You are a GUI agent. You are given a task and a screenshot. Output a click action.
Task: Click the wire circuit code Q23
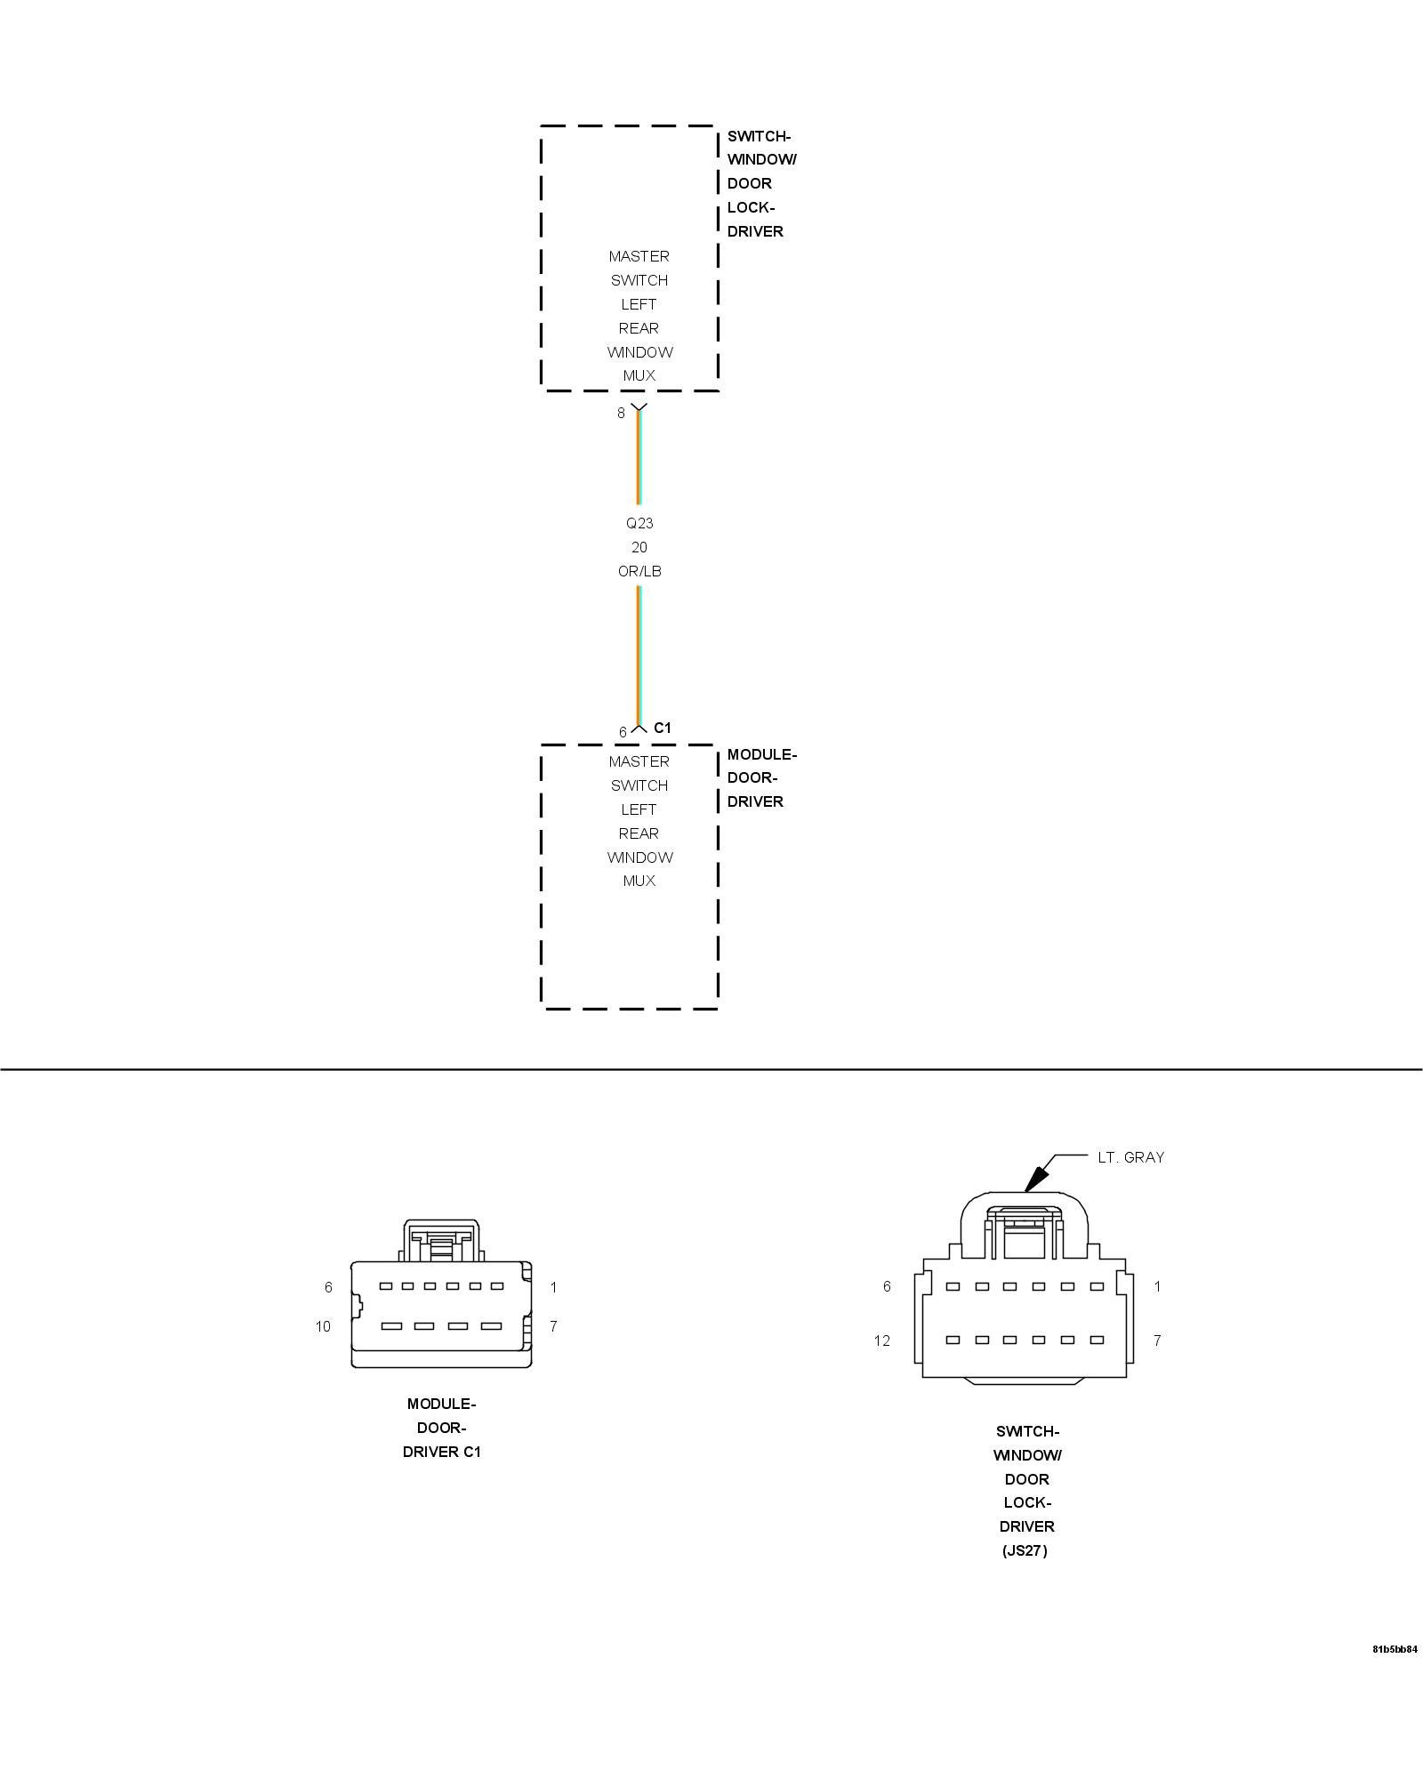pyautogui.click(x=639, y=523)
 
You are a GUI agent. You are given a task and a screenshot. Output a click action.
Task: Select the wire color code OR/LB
pyautogui.click(x=639, y=571)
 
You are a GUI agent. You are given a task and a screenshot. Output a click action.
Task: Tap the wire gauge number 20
pyautogui.click(x=639, y=547)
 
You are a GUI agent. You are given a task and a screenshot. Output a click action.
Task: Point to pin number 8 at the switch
pyautogui.click(x=622, y=413)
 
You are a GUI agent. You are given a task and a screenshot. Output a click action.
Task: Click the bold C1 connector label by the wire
pyautogui.click(x=663, y=728)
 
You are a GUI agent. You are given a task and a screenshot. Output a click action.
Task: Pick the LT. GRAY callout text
pyautogui.click(x=1130, y=1157)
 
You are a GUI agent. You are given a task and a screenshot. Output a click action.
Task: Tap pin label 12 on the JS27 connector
pyautogui.click(x=881, y=1340)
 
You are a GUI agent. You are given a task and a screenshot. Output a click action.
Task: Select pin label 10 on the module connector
pyautogui.click(x=323, y=1326)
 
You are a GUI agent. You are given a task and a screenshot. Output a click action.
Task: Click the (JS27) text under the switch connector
pyautogui.click(x=1025, y=1550)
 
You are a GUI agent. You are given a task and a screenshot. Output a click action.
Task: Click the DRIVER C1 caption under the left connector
pyautogui.click(x=441, y=1452)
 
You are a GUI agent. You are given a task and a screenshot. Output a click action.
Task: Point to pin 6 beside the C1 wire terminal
pyautogui.click(x=623, y=732)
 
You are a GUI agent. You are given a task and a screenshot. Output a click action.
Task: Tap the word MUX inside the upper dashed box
pyautogui.click(x=639, y=375)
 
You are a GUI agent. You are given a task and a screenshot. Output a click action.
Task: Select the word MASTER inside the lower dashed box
pyautogui.click(x=639, y=761)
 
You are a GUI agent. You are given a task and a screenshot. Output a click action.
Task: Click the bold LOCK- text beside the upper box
pyautogui.click(x=752, y=207)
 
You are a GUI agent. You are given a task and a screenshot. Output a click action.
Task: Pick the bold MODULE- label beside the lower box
pyautogui.click(x=762, y=754)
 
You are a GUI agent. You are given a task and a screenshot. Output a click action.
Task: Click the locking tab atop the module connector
pyautogui.click(x=441, y=1240)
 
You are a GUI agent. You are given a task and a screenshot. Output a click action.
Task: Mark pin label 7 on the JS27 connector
pyautogui.click(x=1157, y=1340)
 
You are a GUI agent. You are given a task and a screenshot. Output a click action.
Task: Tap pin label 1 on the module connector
pyautogui.click(x=553, y=1287)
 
